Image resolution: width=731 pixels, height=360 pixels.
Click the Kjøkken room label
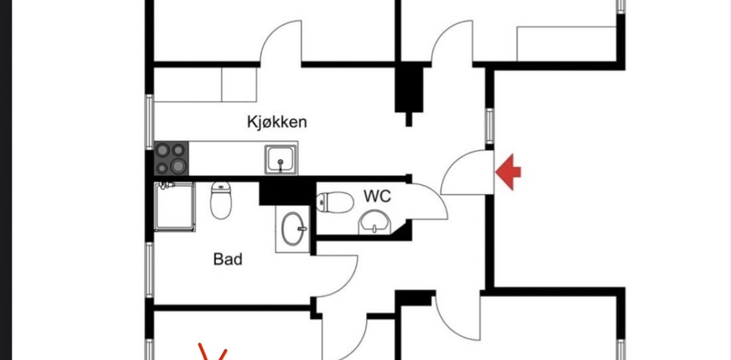pyautogui.click(x=277, y=122)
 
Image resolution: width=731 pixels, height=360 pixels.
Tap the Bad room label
pyautogui.click(x=228, y=259)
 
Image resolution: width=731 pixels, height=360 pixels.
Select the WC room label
pyautogui.click(x=377, y=196)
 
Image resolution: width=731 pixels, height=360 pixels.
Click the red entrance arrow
pyautogui.click(x=508, y=172)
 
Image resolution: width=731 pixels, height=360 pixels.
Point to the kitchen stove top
pyautogui.click(x=171, y=158)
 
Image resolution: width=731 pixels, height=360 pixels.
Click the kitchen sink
pyautogui.click(x=280, y=159)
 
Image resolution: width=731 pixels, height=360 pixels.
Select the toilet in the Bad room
pyautogui.click(x=221, y=200)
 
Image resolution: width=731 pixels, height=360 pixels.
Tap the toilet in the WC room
pyautogui.click(x=335, y=202)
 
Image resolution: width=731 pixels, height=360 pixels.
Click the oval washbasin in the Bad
pyautogui.click(x=293, y=229)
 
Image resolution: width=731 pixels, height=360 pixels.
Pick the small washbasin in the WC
pyautogui.click(x=375, y=223)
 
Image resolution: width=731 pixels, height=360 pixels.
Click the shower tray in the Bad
pyautogui.click(x=175, y=207)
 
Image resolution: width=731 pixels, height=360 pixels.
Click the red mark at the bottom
pyautogui.click(x=213, y=351)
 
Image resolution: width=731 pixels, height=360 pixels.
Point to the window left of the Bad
pyautogui.click(x=150, y=270)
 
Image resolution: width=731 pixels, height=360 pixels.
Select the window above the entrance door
pyautogui.click(x=489, y=126)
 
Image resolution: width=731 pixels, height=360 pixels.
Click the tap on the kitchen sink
pyautogui.click(x=280, y=165)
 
